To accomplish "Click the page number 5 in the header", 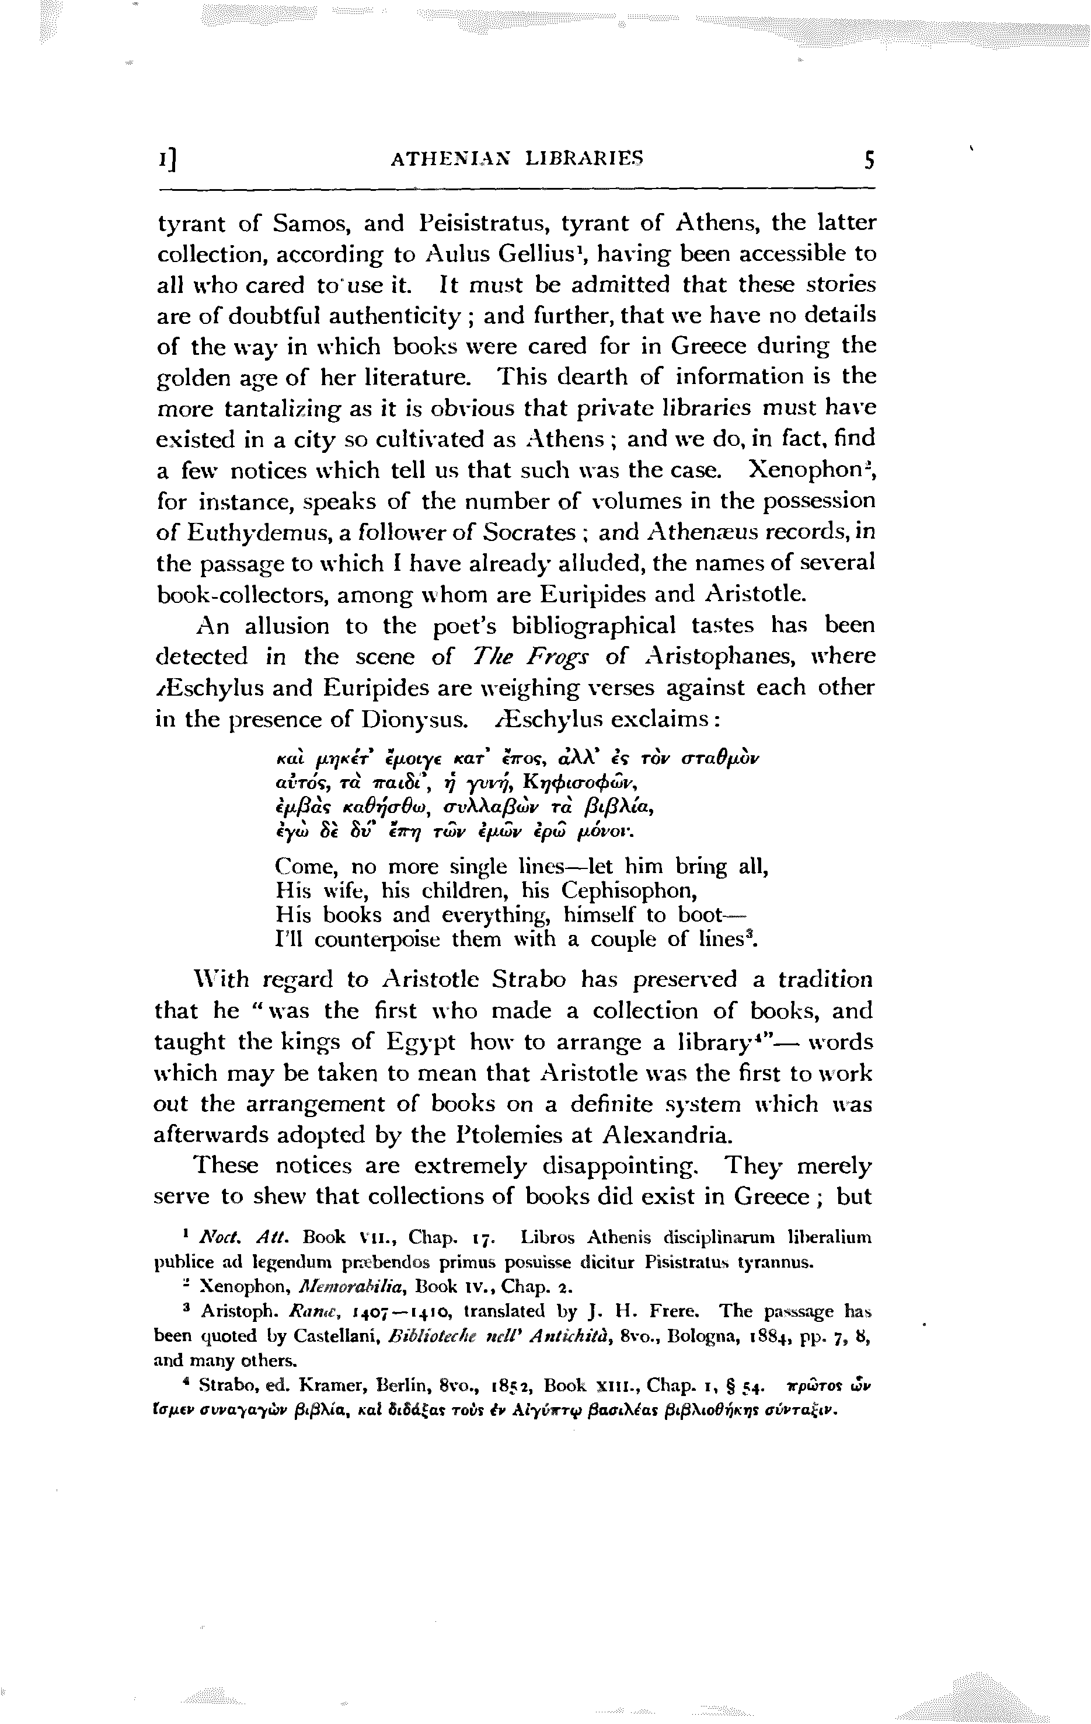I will [x=869, y=159].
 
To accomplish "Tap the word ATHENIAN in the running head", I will [x=445, y=158].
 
